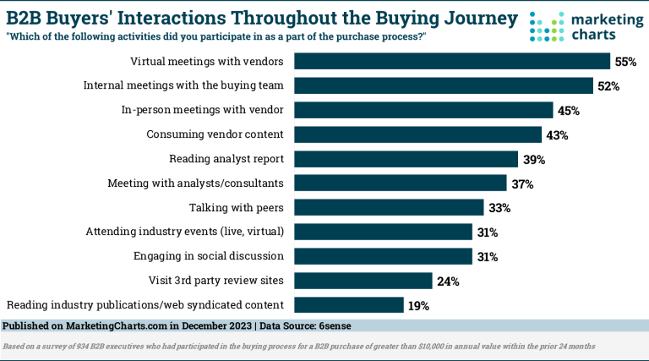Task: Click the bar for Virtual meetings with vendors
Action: pyautogui.click(x=451, y=62)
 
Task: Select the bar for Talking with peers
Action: pyautogui.click(x=389, y=207)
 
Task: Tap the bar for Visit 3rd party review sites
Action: pyautogui.click(x=363, y=281)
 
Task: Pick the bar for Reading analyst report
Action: pyautogui.click(x=406, y=159)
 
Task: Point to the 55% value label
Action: pyautogui.click(x=624, y=62)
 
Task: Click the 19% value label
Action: pyautogui.click(x=419, y=305)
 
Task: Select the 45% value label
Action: pyautogui.click(x=568, y=111)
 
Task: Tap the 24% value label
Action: pyautogui.click(x=446, y=281)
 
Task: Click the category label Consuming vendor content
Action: pyautogui.click(x=215, y=134)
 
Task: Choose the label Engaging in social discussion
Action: pyautogui.click(x=209, y=256)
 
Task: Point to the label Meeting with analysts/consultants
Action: pyautogui.click(x=196, y=183)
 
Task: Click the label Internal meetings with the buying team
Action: pyautogui.click(x=183, y=85)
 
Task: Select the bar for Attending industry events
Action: pyautogui.click(x=383, y=232)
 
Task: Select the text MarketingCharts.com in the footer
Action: pyautogui.click(x=114, y=325)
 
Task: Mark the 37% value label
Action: pyautogui.click(x=521, y=183)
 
